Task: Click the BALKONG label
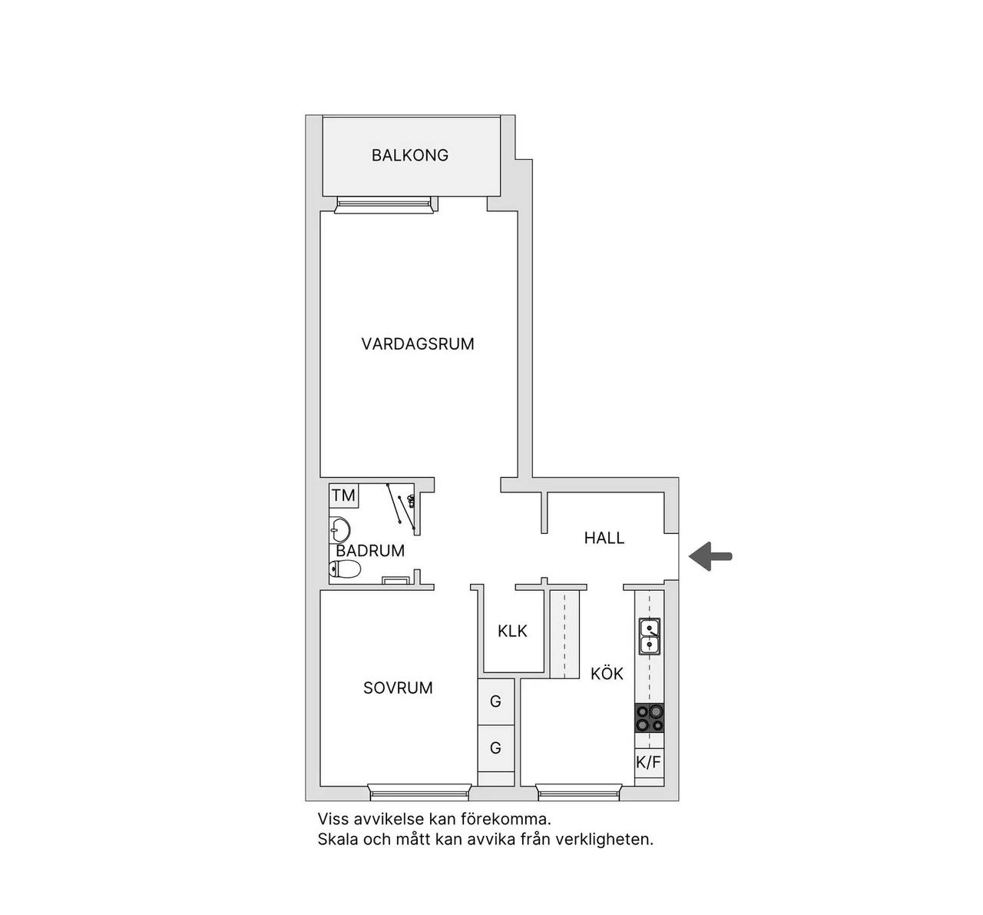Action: (x=410, y=155)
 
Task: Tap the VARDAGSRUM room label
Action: (x=418, y=344)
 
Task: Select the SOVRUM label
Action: (x=398, y=688)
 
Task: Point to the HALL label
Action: (x=604, y=538)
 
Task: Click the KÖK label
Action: (x=607, y=673)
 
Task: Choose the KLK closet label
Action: (x=512, y=632)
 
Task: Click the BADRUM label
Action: (x=370, y=550)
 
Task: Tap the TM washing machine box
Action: (x=343, y=495)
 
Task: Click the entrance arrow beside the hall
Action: (x=710, y=556)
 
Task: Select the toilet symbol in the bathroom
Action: (x=345, y=569)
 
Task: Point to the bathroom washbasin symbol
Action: (x=339, y=529)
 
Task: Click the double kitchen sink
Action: (x=650, y=636)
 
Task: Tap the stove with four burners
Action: (x=650, y=719)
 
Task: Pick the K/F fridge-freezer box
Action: (x=649, y=762)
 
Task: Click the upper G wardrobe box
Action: (x=496, y=701)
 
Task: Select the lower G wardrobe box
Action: (x=496, y=748)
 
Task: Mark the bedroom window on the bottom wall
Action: (x=420, y=793)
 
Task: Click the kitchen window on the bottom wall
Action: (x=578, y=793)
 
